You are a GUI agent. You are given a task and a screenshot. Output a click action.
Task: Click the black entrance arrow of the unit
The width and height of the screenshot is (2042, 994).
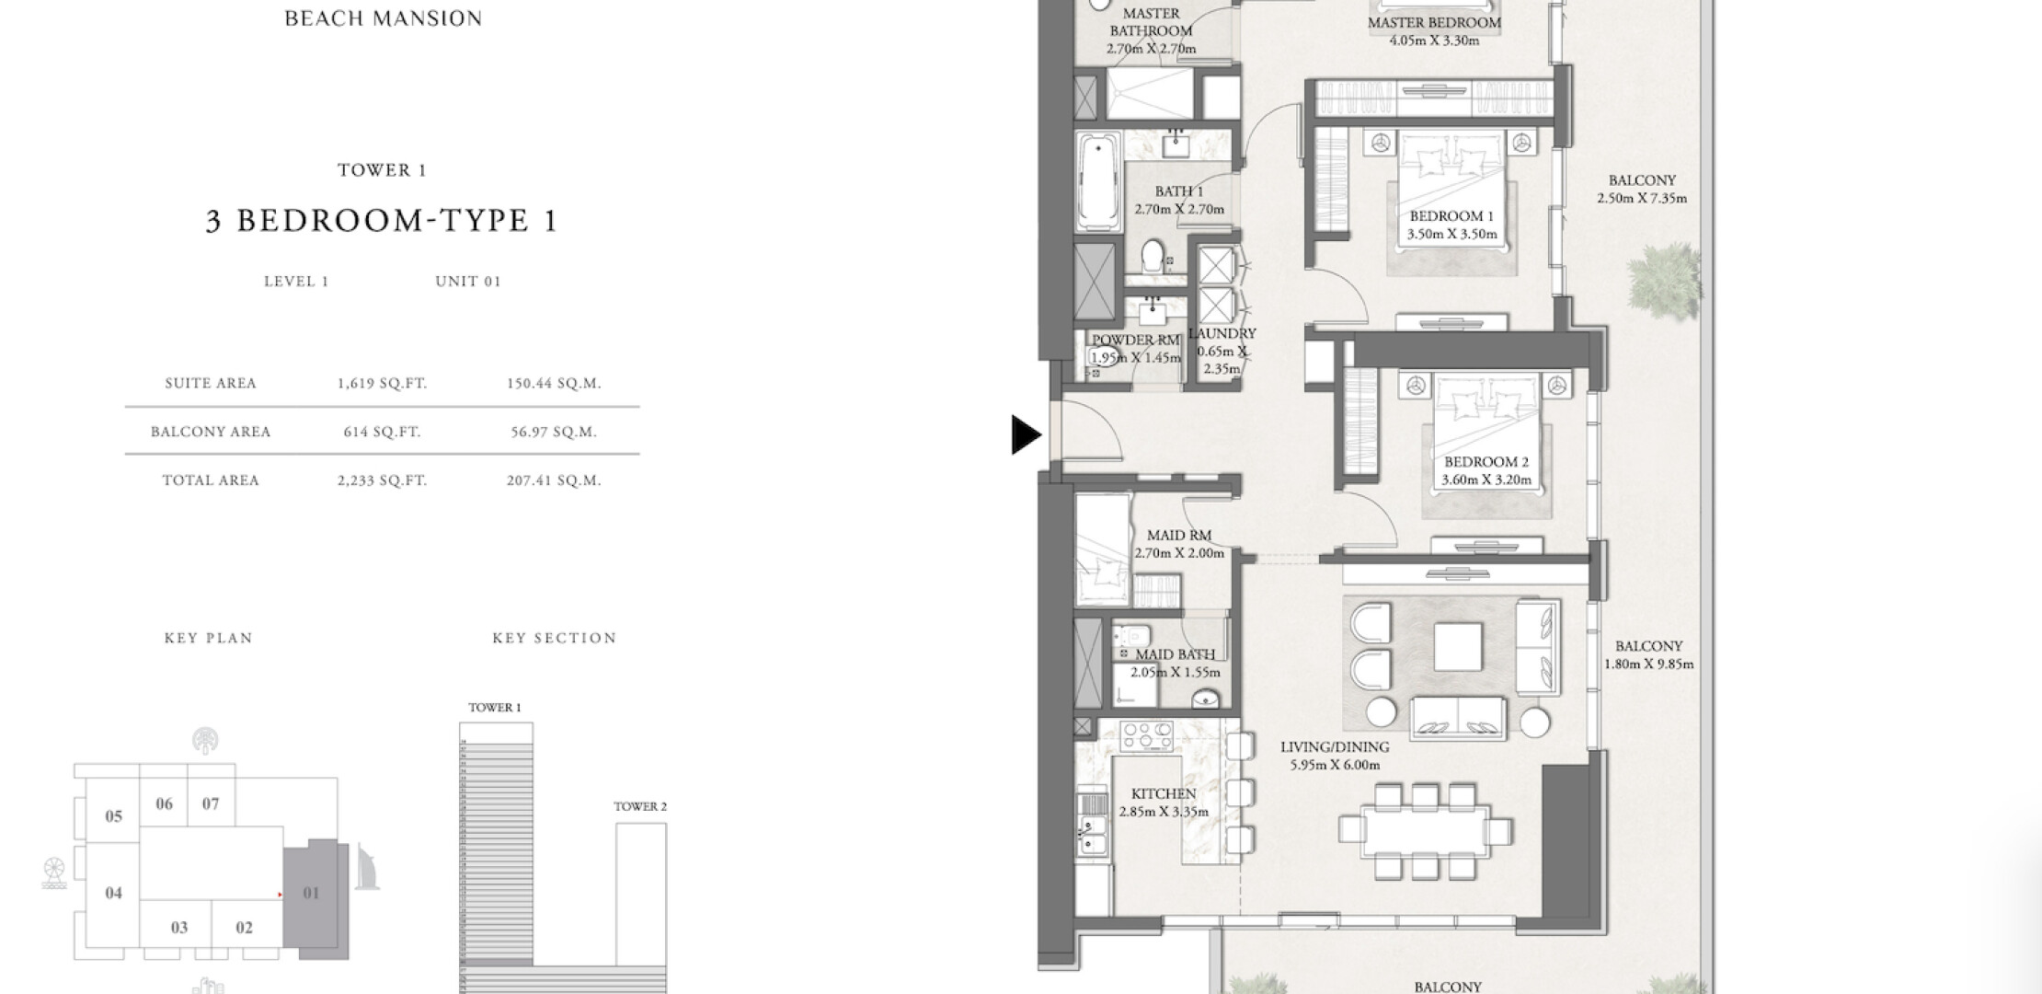[x=1025, y=434]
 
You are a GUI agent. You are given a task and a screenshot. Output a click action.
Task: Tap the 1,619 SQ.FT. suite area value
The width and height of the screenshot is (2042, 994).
[x=382, y=383]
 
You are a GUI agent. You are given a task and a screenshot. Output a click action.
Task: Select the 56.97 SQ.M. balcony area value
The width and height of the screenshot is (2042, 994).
[x=554, y=432]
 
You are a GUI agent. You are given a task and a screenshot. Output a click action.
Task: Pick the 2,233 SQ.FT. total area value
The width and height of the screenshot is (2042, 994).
[x=382, y=480]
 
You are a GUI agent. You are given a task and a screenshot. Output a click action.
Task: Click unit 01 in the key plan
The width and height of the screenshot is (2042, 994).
[x=311, y=893]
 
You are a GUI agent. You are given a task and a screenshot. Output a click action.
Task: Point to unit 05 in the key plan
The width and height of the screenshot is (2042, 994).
[x=113, y=816]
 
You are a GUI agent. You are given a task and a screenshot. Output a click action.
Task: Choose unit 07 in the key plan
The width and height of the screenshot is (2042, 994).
[x=211, y=803]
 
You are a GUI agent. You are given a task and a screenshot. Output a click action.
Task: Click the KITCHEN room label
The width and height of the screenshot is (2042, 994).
[x=1164, y=793]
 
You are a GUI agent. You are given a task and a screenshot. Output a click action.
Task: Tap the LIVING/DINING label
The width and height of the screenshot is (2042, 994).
[x=1335, y=747]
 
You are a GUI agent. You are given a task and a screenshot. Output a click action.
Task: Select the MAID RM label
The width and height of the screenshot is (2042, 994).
[x=1179, y=535]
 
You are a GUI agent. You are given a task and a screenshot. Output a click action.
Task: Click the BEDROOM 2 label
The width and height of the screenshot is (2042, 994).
[x=1486, y=462]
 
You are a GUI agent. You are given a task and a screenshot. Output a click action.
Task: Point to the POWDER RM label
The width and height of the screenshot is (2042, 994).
[x=1136, y=341]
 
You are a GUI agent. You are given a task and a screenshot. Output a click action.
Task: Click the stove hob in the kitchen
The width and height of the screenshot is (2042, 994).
[x=1147, y=735]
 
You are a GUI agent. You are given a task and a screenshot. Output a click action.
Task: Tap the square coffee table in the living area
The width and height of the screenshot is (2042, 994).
[x=1458, y=647]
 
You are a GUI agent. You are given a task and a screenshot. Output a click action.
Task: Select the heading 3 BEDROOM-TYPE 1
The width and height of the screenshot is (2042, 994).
[x=382, y=221]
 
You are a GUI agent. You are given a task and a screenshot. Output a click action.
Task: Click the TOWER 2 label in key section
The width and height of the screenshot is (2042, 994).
[x=640, y=806]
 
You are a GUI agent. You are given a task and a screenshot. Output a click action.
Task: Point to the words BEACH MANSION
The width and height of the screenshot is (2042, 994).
[x=384, y=18]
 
